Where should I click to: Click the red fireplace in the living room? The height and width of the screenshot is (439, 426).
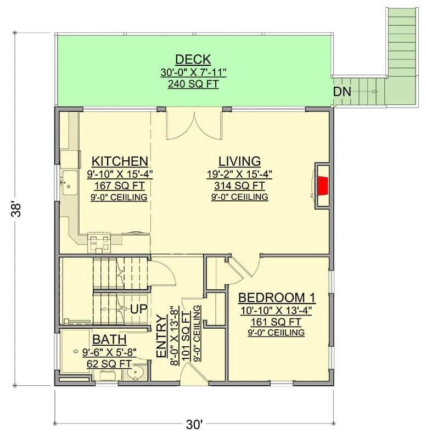coord(322,185)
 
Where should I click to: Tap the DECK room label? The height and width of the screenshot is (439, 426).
coord(193,60)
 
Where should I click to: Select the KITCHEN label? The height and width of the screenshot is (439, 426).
coord(120,161)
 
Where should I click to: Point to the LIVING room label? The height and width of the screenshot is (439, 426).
coord(239,161)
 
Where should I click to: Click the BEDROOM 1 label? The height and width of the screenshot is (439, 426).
coord(277,297)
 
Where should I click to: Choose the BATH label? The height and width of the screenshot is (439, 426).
coord(109,339)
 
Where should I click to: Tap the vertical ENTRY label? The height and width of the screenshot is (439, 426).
coord(161,336)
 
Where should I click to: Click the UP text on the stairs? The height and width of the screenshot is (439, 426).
coord(139,309)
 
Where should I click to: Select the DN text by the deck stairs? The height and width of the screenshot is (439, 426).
coord(342,92)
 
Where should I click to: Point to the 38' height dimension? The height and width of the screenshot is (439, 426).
coord(16,210)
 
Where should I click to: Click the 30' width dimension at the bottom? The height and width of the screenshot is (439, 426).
coord(194,424)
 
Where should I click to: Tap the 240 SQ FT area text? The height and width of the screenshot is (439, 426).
coord(193,84)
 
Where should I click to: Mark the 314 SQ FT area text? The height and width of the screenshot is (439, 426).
coord(239,185)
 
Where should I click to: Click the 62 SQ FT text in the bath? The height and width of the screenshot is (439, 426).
coord(109,364)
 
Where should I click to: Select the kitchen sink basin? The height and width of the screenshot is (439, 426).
coord(70,183)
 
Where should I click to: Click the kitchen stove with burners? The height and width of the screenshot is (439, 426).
coord(99,242)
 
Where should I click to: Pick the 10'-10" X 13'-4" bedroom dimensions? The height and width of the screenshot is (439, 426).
coord(276,311)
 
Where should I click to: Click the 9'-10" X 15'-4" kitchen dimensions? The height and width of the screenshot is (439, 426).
coord(120,174)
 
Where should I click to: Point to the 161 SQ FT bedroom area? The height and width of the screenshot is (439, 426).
coord(276,322)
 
